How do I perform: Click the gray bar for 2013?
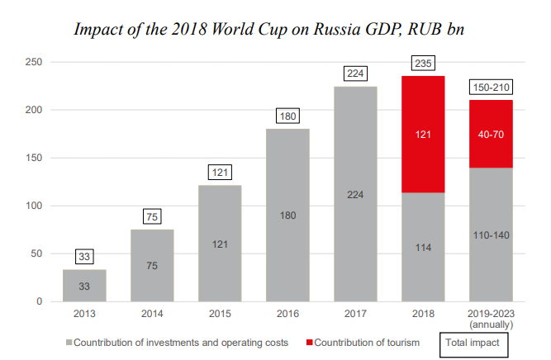84,286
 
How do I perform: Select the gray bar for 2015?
219,244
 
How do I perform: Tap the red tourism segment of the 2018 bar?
422,134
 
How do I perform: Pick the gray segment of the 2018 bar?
422,247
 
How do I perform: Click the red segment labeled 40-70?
491,134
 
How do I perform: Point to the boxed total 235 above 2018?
422,64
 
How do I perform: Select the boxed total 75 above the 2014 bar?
152,218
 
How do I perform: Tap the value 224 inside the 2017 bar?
354,195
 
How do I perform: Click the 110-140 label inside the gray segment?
491,234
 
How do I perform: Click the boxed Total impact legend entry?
473,342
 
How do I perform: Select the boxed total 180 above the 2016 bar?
287,116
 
